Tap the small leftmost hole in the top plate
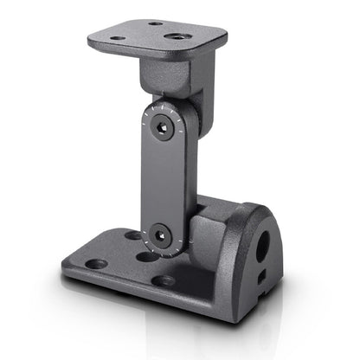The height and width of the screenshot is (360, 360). [x=118, y=37]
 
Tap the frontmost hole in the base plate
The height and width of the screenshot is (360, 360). [x=163, y=280]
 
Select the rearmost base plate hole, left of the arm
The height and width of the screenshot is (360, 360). [x=132, y=235]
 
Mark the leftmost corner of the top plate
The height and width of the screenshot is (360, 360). [x=89, y=39]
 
